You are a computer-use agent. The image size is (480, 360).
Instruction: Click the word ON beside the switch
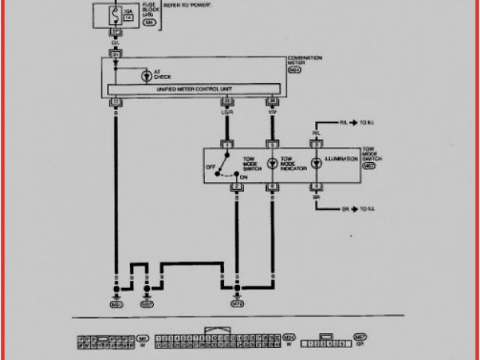242,177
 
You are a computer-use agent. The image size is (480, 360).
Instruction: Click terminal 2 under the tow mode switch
236,186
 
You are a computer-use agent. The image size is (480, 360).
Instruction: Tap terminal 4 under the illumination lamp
316,186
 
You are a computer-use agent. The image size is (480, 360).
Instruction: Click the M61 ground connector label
116,304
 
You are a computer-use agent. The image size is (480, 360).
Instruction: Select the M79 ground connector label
237,304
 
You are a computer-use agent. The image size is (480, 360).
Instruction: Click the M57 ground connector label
147,304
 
